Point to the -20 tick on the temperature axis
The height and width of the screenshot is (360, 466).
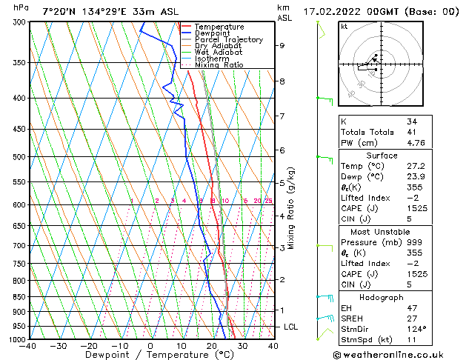pos(89,346)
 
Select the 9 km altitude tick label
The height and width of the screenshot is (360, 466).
pos(282,45)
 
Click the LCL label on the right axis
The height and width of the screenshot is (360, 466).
pos(291,327)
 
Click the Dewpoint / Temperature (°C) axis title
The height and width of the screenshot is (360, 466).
pos(150,355)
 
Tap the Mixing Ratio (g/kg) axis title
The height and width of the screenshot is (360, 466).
pos(291,208)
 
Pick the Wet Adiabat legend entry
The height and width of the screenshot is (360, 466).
pos(219,53)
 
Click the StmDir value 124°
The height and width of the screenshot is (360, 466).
pos(416,329)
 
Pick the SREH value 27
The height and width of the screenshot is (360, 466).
pos(411,319)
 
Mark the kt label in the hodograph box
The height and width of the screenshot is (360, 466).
pos(344,27)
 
